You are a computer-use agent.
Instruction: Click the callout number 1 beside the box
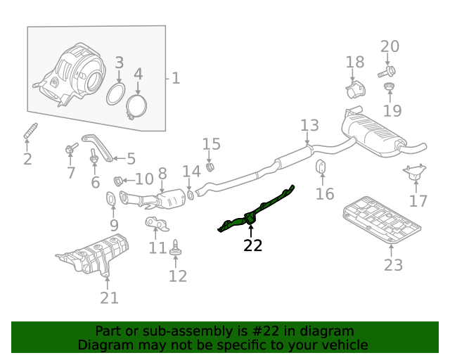point(175,78)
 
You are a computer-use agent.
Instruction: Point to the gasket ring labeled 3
point(116,94)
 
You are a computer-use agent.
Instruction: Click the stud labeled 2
point(30,131)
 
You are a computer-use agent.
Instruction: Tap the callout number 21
point(109,298)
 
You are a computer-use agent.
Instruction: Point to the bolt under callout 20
point(387,70)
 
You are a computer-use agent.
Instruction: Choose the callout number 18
point(355,63)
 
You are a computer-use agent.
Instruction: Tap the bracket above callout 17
point(416,172)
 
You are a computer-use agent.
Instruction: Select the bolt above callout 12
point(175,247)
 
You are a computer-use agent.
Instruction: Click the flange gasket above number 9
point(112,200)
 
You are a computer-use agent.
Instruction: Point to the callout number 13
point(309,127)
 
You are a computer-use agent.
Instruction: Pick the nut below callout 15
point(210,167)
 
